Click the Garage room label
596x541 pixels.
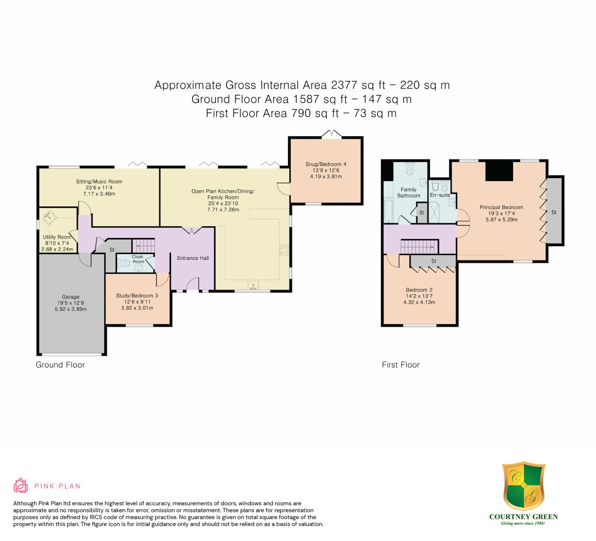pyautogui.click(x=70, y=297)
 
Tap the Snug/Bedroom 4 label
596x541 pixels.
pyautogui.click(x=326, y=164)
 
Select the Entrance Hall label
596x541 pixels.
pyautogui.click(x=193, y=258)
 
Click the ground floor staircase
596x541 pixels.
pyautogui.click(x=143, y=246)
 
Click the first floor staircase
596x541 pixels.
pyautogui.click(x=419, y=247)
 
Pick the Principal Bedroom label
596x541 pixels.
pyautogui.click(x=502, y=207)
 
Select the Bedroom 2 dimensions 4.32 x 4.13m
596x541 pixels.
pyautogui.click(x=419, y=302)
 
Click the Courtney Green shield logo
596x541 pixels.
pyautogui.click(x=524, y=485)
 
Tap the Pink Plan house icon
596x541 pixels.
pyautogui.click(x=20, y=486)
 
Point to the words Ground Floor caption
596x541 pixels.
pyautogui.click(x=60, y=365)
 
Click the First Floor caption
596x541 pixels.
pyautogui.click(x=400, y=365)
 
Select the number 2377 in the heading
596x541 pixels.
pyautogui.click(x=344, y=85)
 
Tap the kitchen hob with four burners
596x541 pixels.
pyautogui.click(x=284, y=250)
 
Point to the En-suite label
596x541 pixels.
pyautogui.click(x=440, y=195)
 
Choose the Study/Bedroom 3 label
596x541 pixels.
pyautogui.click(x=137, y=296)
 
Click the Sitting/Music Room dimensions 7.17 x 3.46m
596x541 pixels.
pyautogui.click(x=99, y=194)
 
